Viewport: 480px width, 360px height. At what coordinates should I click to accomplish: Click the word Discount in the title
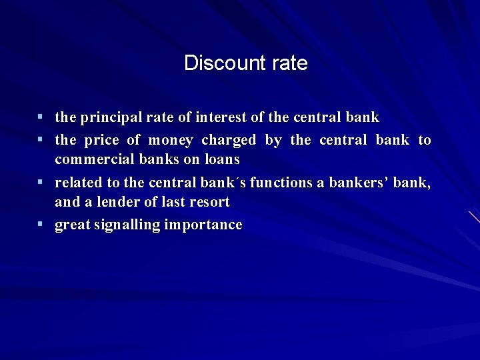click(215, 63)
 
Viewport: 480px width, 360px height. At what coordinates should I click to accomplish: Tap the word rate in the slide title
click(290, 63)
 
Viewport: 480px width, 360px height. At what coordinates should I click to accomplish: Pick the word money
click(170, 140)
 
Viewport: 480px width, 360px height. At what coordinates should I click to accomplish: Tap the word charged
click(228, 140)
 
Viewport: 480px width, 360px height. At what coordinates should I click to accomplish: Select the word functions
click(279, 183)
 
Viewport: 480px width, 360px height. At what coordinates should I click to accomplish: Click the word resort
click(209, 202)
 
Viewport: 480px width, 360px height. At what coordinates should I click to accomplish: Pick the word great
click(72, 225)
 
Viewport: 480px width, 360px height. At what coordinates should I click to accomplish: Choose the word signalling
click(127, 225)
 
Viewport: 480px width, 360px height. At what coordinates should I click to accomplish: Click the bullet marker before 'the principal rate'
click(41, 117)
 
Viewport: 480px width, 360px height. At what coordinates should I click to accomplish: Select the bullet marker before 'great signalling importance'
click(41, 225)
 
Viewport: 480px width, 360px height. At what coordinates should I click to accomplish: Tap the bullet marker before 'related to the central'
click(41, 182)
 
